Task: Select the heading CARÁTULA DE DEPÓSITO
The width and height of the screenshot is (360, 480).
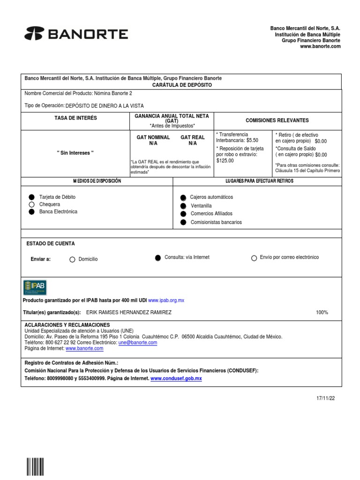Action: point(182,85)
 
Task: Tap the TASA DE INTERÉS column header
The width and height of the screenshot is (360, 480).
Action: point(75,118)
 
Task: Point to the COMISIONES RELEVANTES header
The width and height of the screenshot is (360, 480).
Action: point(277,120)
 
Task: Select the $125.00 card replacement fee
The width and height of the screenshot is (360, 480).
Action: point(225,160)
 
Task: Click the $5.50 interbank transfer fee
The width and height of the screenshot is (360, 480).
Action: point(252,140)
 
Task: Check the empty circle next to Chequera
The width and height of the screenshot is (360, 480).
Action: point(31,204)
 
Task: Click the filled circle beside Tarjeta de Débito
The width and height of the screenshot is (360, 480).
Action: point(31,197)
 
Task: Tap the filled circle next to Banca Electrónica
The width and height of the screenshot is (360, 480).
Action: point(31,212)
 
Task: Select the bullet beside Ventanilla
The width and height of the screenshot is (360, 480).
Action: point(183,206)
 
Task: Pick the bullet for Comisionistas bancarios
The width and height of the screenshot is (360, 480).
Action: point(183,222)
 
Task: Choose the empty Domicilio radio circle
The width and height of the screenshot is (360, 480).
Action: point(72,259)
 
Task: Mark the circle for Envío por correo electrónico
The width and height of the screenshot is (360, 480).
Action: point(254,258)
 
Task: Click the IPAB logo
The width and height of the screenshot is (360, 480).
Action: point(35,287)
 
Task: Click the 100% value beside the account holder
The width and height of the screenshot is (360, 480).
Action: point(322,312)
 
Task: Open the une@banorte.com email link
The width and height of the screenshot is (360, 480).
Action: point(138,343)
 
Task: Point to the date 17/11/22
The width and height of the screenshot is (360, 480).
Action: point(326,398)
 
